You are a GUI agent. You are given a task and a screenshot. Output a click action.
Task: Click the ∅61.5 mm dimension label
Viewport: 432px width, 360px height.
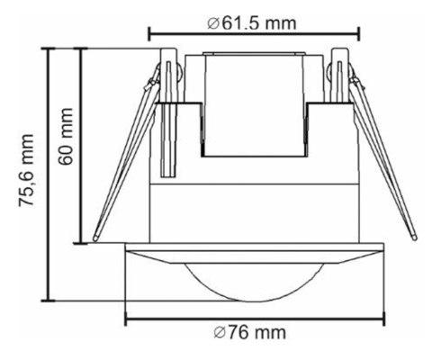tap(255, 21)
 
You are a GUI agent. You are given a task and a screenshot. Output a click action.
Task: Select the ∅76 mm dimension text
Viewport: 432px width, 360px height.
tap(255, 333)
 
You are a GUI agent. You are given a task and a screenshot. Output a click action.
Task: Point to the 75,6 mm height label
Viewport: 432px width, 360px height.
tap(26, 171)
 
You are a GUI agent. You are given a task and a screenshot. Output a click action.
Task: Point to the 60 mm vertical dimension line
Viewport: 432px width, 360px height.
tap(84, 144)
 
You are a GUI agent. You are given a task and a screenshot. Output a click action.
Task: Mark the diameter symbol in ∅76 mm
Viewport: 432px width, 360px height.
tap(220, 333)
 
